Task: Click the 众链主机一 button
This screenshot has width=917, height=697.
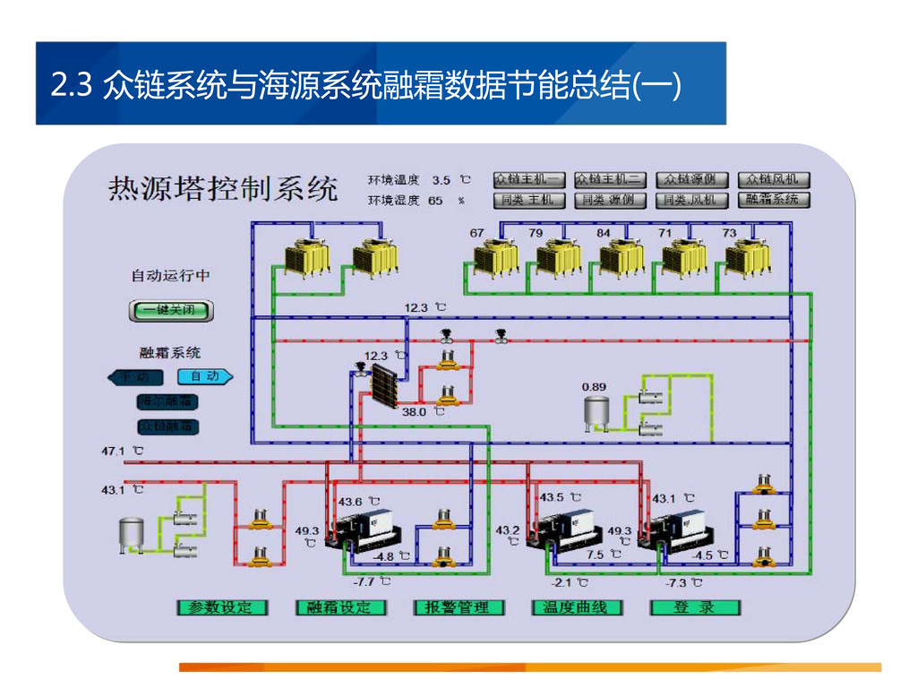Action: [x=529, y=180]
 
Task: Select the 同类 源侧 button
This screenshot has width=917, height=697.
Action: [x=609, y=200]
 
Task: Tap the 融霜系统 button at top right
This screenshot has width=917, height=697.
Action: [x=773, y=200]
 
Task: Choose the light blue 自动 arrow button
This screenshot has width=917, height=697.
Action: [x=205, y=377]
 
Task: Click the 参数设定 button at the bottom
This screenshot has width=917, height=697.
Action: [x=221, y=607]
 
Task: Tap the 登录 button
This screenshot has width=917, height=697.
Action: [x=695, y=607]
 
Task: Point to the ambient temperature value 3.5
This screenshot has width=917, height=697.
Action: [x=441, y=180]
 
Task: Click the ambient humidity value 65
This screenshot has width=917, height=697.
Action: [x=435, y=201]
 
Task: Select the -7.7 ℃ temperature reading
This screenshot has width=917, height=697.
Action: [x=364, y=582]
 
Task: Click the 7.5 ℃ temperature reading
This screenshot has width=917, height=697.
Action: [x=596, y=555]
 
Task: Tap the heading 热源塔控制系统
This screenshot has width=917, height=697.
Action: [x=223, y=190]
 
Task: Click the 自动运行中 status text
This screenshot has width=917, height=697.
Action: [x=170, y=276]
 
